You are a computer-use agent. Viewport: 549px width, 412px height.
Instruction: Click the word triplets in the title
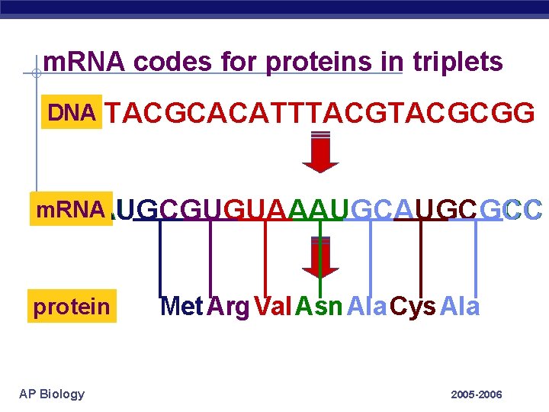pos(457,61)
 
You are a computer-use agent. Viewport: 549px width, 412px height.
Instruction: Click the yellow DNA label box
pos(72,114)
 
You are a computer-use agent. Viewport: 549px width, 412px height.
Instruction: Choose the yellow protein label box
pos(72,307)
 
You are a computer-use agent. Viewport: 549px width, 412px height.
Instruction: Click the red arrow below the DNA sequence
pos(320,153)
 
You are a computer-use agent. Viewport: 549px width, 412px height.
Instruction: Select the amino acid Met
pos(181,307)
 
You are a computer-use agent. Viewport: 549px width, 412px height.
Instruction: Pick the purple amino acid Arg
pos(228,307)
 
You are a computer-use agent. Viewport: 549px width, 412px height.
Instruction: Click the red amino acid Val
pos(272,307)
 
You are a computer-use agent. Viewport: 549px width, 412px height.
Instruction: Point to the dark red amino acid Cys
pos(413,307)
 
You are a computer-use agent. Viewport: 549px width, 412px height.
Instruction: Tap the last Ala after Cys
pos(460,307)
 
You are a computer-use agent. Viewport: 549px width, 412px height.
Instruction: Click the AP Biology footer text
pos(52,394)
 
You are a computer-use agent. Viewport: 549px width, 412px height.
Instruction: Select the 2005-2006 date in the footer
pos(476,394)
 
